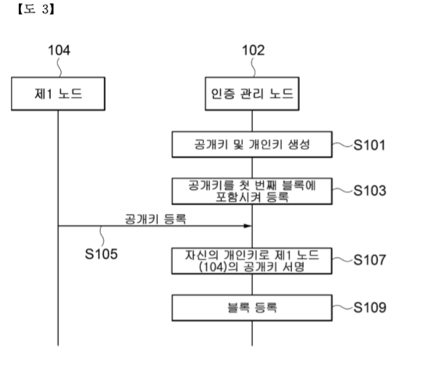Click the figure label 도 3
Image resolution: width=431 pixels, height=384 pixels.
pyautogui.click(x=36, y=9)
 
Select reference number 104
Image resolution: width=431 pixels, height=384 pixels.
pyautogui.click(x=59, y=50)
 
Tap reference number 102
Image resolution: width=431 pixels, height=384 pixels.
pyautogui.click(x=253, y=50)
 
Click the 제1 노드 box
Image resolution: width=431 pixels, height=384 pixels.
pyautogui.click(x=58, y=94)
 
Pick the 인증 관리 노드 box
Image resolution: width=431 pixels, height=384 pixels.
pyautogui.click(x=252, y=94)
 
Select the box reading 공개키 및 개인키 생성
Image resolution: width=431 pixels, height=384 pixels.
pyautogui.click(x=252, y=145)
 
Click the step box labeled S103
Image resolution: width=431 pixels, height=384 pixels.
pyautogui.click(x=252, y=191)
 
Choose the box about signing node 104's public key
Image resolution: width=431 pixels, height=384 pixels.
pyautogui.click(x=252, y=261)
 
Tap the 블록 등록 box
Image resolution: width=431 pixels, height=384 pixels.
pyautogui.click(x=252, y=308)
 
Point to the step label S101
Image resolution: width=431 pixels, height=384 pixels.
pyautogui.click(x=369, y=145)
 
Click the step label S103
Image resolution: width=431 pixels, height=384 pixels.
pyautogui.click(x=369, y=191)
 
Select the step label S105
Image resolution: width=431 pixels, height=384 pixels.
pyautogui.click(x=102, y=254)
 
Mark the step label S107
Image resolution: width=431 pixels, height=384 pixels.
pyautogui.click(x=369, y=260)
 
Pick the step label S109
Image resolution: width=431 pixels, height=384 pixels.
pyautogui.click(x=369, y=307)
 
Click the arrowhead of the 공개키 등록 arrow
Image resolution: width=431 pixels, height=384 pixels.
pyautogui.click(x=248, y=226)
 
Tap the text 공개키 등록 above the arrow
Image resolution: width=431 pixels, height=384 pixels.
pyautogui.click(x=155, y=219)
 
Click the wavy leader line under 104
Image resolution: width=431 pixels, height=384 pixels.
pyautogui.click(x=59, y=67)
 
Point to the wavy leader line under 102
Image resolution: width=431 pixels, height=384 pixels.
pyautogui.click(x=254, y=67)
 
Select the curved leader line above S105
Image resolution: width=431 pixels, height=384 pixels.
pyautogui.click(x=102, y=236)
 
